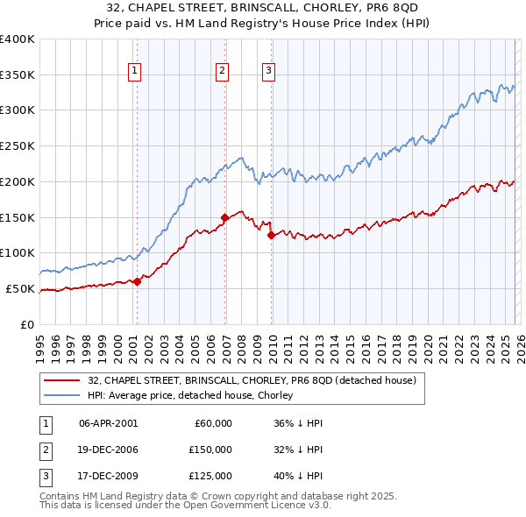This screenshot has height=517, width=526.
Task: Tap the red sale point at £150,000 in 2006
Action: click(x=225, y=216)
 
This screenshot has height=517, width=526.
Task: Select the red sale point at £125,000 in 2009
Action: click(x=272, y=235)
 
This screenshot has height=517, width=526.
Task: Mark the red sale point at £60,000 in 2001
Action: click(x=137, y=281)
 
